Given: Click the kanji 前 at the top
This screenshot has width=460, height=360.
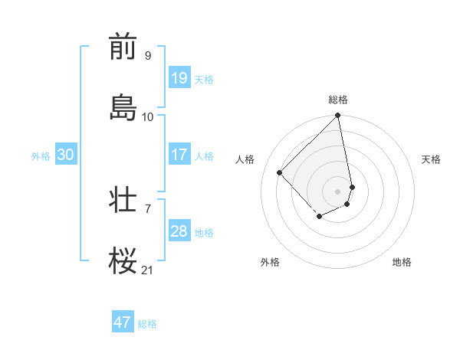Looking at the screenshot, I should point(123,47).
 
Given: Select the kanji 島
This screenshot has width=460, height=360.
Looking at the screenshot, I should point(123,108).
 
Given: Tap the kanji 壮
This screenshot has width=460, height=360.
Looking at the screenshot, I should point(123,200).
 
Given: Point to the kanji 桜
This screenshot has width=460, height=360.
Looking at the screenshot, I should point(123,261).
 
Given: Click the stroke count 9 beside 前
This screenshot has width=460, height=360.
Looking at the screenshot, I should point(148,55).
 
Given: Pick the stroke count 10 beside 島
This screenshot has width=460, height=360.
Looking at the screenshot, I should point(148,116).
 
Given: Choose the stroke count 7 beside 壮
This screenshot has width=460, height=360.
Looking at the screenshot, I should point(148,208).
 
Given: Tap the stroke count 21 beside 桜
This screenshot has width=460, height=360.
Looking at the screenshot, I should point(148,270).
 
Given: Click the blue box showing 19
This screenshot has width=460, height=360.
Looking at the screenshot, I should point(179,78).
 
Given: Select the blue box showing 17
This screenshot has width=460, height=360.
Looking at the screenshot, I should point(179,155).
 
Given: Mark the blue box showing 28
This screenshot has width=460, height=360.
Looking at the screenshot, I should point(179,231).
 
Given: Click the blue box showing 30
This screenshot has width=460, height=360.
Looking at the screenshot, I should point(66,155).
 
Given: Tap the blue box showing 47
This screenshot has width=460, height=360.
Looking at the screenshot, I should point(123,322).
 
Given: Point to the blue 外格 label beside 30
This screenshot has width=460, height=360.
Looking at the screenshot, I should point(41,155).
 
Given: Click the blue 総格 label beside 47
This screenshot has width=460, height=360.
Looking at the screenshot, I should point(147,324).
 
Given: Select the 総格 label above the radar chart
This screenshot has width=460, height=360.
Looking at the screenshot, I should point(338,100).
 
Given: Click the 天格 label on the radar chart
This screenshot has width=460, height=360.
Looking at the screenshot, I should point(431,159).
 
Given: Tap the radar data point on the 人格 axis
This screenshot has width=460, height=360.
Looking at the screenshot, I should point(280,172).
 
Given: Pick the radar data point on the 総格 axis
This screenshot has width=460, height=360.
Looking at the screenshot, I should point(338,116).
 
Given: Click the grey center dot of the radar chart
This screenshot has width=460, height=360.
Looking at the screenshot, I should point(338,191).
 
